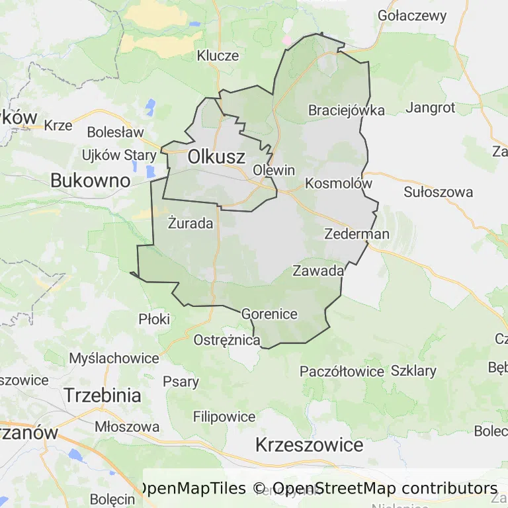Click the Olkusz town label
pyautogui.click(x=216, y=157)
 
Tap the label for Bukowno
pyautogui.click(x=89, y=179)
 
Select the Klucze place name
pyautogui.click(x=218, y=56)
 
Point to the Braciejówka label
pyautogui.click(x=346, y=110)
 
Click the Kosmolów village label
pyautogui.click(x=339, y=183)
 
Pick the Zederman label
pyautogui.click(x=357, y=234)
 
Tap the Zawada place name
pyautogui.click(x=318, y=271)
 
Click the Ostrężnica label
pyautogui.click(x=227, y=341)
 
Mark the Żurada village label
pyautogui.click(x=190, y=223)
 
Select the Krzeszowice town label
pyautogui.click(x=309, y=444)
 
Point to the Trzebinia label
pyautogui.click(x=103, y=396)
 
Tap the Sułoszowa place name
pyautogui.click(x=439, y=192)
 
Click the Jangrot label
pyautogui.click(x=431, y=107)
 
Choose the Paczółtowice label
pyautogui.click(x=341, y=371)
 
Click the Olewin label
pyautogui.click(x=274, y=170)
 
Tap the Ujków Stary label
pyautogui.click(x=119, y=155)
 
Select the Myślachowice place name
pyautogui.click(x=114, y=359)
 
